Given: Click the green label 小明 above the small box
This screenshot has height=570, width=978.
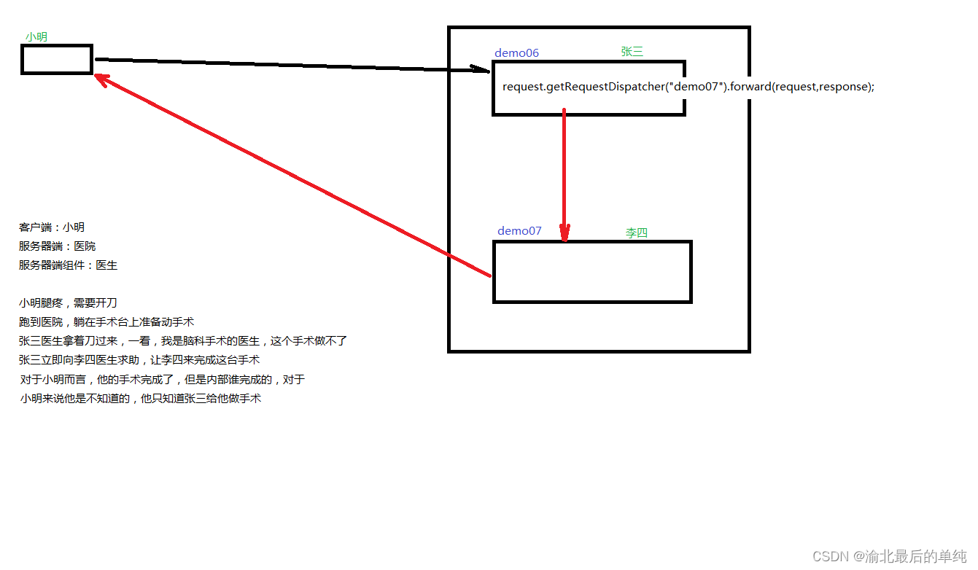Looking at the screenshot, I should pyautogui.click(x=36, y=36).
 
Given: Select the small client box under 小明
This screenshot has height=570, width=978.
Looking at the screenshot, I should pyautogui.click(x=57, y=59).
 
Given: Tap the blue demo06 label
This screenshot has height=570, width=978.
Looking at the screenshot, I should pyautogui.click(x=516, y=52).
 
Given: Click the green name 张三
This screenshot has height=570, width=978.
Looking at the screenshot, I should pyautogui.click(x=632, y=51).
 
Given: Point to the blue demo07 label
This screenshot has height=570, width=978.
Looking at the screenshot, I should pyautogui.click(x=519, y=230).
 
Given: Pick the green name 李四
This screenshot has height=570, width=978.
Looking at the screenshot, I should pyautogui.click(x=636, y=233).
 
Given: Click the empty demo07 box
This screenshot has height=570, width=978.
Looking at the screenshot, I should pyautogui.click(x=592, y=271).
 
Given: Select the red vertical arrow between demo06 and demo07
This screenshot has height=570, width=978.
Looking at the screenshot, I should pyautogui.click(x=564, y=175).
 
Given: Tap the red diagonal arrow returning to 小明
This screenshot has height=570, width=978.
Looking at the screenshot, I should pyautogui.click(x=292, y=174).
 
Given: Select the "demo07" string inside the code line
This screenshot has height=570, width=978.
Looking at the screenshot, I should pyautogui.click(x=697, y=87).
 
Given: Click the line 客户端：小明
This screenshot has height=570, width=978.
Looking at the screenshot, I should pyautogui.click(x=52, y=227).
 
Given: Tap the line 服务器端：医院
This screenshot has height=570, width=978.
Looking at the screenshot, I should pyautogui.click(x=57, y=246).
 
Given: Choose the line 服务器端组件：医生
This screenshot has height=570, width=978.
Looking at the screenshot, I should pyautogui.click(x=68, y=265).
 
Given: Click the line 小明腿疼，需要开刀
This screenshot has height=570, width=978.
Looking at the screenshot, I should pyautogui.click(x=68, y=303).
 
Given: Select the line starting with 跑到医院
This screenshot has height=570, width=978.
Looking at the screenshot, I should pyautogui.click(x=106, y=322).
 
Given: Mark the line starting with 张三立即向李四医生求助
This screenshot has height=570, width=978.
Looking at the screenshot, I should pyautogui.click(x=139, y=360).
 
